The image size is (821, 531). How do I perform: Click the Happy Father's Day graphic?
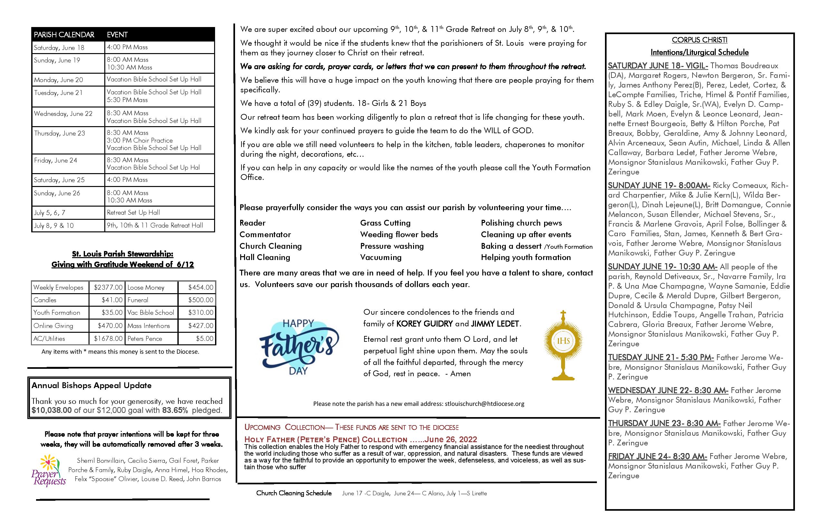pyautogui.click(x=299, y=347)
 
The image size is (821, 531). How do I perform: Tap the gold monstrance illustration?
pyautogui.click(x=563, y=345)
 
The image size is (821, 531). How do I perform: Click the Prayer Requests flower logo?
pyautogui.click(x=48, y=470)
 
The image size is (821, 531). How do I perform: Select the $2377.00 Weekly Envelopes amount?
pyautogui.click(x=108, y=287)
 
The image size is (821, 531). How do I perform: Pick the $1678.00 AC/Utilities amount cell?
pyautogui.click(x=108, y=339)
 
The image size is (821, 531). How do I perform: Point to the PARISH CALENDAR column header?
pyautogui.click(x=64, y=35)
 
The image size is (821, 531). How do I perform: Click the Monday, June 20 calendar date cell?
pyautogui.click(x=59, y=80)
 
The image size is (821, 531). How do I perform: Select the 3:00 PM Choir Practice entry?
pyautogui.click(x=140, y=140)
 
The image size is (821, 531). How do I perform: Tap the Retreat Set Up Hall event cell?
pyautogui.click(x=133, y=213)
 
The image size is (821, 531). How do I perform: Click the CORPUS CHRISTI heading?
pyautogui.click(x=699, y=40)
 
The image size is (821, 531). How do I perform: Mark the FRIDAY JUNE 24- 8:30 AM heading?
pyautogui.click(x=657, y=457)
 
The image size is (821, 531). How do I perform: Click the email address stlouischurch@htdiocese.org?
pyautogui.click(x=484, y=404)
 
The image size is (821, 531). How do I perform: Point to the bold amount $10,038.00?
pyautogui.click(x=52, y=410)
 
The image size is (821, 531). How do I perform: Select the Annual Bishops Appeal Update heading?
pyautogui.click(x=91, y=386)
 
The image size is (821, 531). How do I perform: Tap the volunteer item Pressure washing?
pyautogui.click(x=392, y=246)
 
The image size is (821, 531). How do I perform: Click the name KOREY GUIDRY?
pyautogui.click(x=424, y=324)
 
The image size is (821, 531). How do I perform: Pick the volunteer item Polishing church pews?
pyautogui.click(x=521, y=223)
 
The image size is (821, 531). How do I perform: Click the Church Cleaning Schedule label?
pyautogui.click(x=294, y=493)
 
